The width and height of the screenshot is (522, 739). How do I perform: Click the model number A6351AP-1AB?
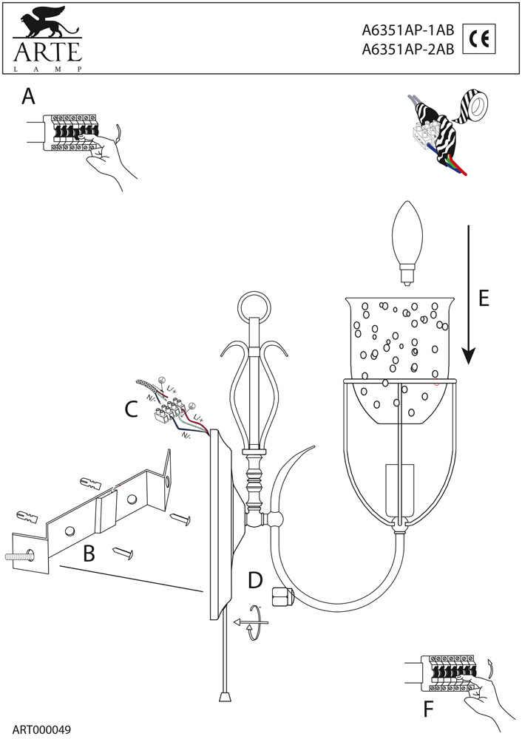pyautogui.click(x=407, y=32)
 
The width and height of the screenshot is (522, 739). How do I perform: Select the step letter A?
pyautogui.click(x=29, y=97)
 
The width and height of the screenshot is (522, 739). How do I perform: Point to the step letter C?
pyautogui.click(x=131, y=408)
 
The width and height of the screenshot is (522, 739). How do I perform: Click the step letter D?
pyautogui.click(x=255, y=579)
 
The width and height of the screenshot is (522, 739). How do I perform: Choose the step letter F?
pyautogui.click(x=429, y=709)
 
